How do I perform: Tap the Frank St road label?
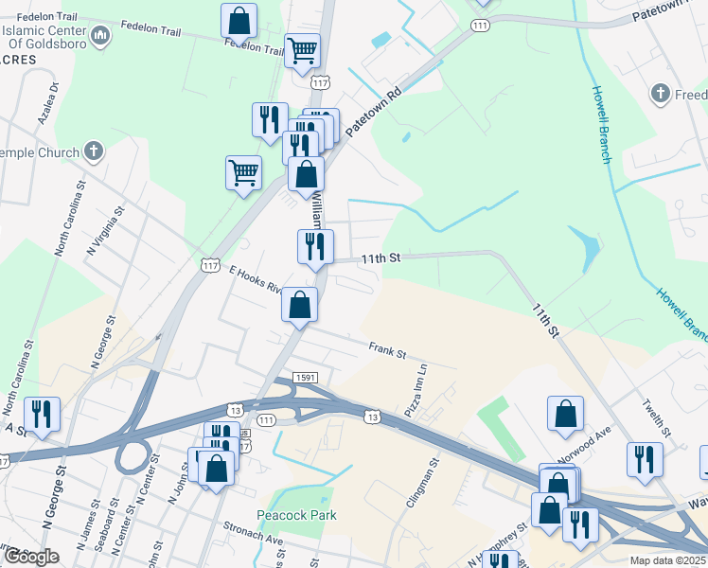tap(387, 352)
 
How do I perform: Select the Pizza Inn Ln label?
tap(416, 391)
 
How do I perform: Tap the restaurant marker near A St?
tap(43, 415)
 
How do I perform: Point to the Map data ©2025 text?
tap(666, 560)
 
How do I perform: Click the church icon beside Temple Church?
tap(93, 151)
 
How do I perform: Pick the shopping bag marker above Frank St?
tap(299, 305)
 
